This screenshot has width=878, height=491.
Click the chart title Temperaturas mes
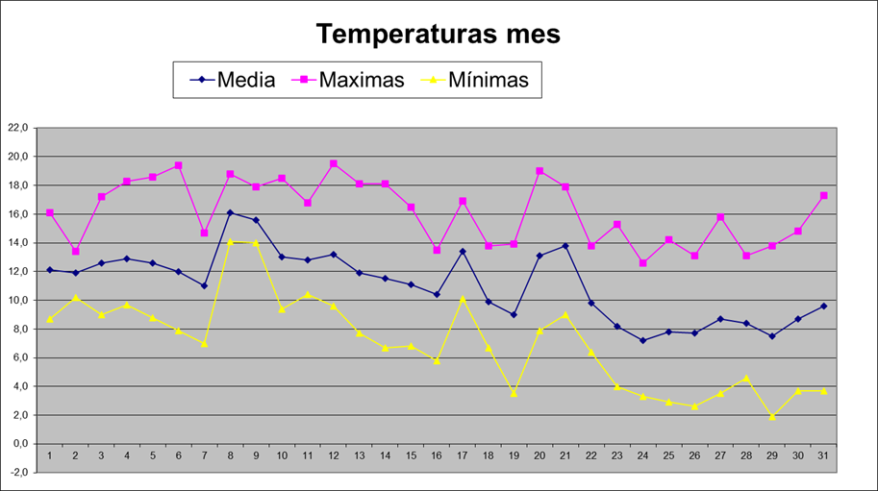click(x=438, y=35)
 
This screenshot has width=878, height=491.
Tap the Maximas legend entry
click(x=361, y=80)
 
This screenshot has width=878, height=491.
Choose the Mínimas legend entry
click(x=488, y=80)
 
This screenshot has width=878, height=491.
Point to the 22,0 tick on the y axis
click(x=19, y=127)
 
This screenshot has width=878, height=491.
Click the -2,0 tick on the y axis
click(x=19, y=473)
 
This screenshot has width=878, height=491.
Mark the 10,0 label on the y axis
click(x=19, y=300)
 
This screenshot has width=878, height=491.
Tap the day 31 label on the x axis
click(x=823, y=455)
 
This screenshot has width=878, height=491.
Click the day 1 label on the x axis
click(x=50, y=455)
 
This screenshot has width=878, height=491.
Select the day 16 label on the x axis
click(x=437, y=455)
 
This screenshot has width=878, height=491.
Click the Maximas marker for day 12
click(x=334, y=163)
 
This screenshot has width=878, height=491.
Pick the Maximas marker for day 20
click(x=539, y=171)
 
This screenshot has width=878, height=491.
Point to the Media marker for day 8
click(x=230, y=212)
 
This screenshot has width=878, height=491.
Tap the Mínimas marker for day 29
click(x=772, y=416)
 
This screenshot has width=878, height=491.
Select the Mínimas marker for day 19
click(x=514, y=393)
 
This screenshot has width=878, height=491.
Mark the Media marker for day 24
click(x=643, y=340)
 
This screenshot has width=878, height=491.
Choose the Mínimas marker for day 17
click(x=463, y=298)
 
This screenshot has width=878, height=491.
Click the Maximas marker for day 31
click(x=823, y=195)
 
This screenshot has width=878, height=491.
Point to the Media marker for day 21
click(x=565, y=246)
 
